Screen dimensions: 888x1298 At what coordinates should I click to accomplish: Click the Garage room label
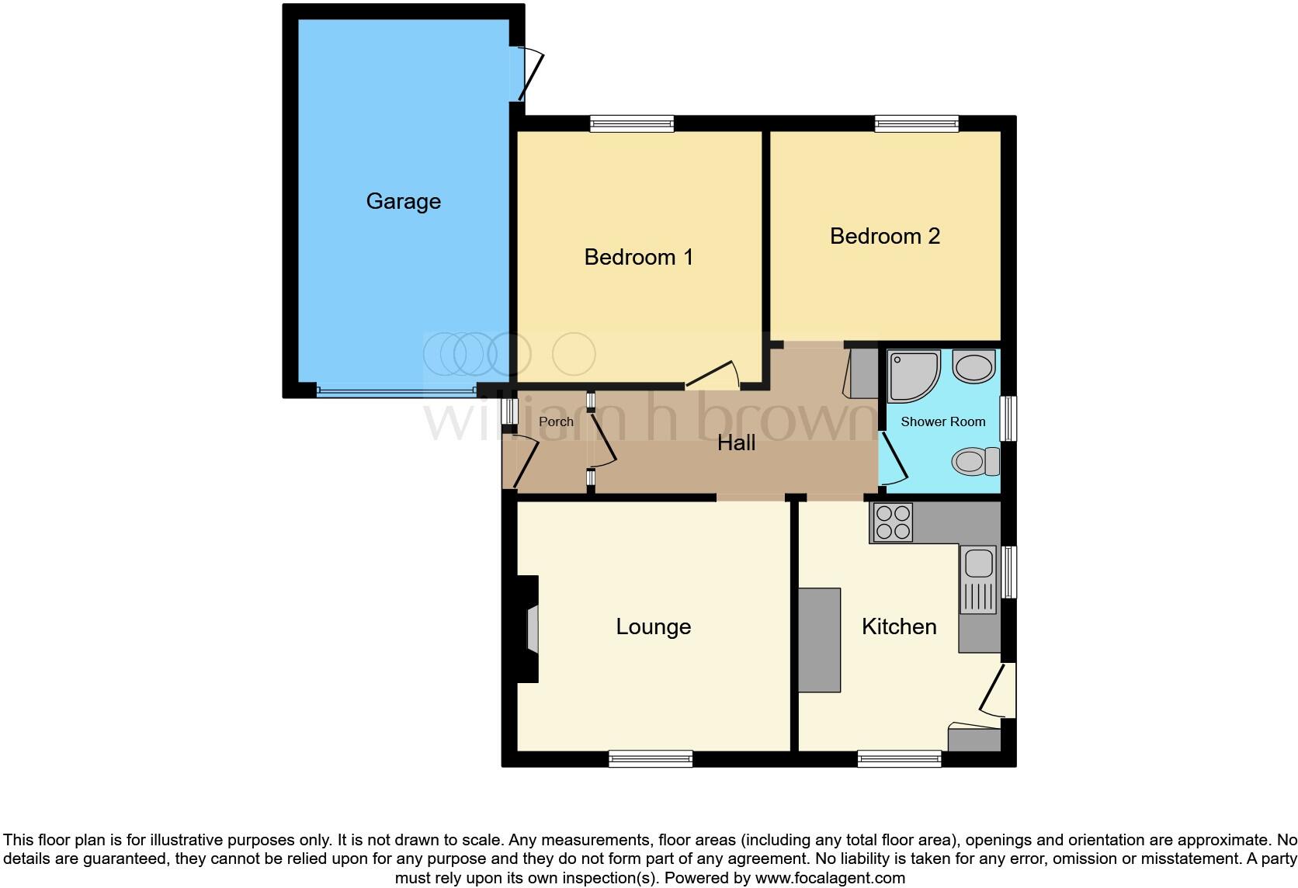403,201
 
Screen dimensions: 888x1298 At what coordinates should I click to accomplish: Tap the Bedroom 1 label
638,257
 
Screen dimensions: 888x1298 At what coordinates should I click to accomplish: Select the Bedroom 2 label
884,236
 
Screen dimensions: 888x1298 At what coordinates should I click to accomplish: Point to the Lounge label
653,626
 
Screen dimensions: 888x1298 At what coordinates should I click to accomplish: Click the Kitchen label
899,626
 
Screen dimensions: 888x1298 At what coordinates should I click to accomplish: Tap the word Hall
736,443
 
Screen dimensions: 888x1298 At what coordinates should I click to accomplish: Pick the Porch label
556,421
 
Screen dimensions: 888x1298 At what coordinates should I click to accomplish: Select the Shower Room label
942,421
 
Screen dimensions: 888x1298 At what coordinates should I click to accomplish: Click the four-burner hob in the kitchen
892,522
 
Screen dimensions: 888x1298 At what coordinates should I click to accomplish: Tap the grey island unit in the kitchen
819,640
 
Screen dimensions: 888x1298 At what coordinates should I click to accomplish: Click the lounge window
650,758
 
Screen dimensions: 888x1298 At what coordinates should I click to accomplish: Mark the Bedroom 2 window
916,123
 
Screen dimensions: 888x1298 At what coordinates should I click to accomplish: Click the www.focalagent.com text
830,878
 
